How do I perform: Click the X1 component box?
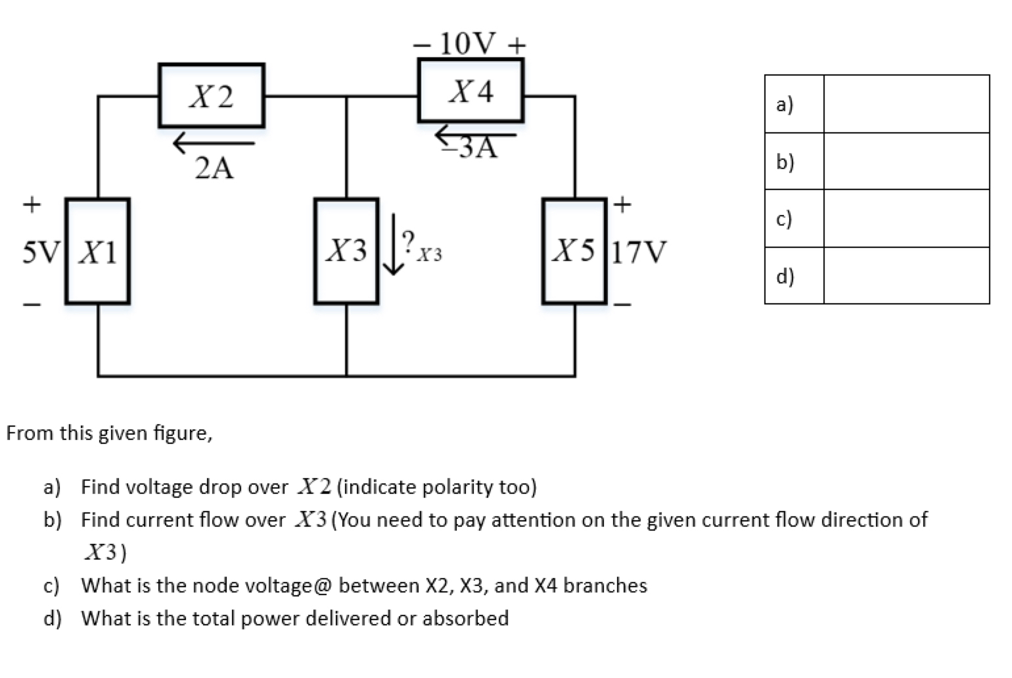(97, 251)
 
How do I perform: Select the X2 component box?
(211, 96)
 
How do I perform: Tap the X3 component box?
(346, 251)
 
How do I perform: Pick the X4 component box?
(471, 91)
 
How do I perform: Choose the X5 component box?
(574, 251)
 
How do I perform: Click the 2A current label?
(214, 169)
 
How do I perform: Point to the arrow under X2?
(214, 142)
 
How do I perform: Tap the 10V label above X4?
(469, 44)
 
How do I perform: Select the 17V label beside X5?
(639, 252)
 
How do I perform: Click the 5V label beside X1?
(41, 252)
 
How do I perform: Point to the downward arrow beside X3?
(393, 244)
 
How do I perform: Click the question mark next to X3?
(409, 239)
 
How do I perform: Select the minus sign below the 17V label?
(623, 304)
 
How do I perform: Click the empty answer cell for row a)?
(906, 104)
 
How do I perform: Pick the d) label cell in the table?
(793, 276)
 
